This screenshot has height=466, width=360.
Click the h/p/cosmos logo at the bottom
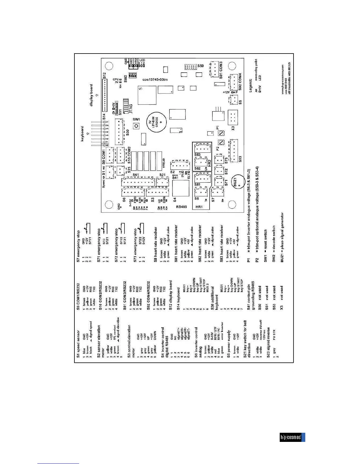tap(292, 437)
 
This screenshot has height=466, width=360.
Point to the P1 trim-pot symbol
tap(221, 133)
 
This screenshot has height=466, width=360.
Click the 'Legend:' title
tap(250, 85)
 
